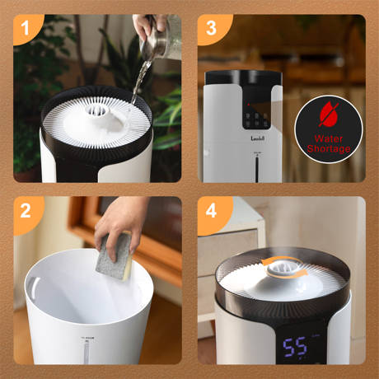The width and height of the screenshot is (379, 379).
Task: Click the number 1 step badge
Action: pyautogui.click(x=26, y=30)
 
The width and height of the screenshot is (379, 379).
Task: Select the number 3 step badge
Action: pyautogui.click(x=210, y=30)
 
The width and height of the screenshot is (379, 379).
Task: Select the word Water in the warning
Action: pyautogui.click(x=328, y=138)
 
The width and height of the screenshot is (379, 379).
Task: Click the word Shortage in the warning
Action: pyautogui.click(x=328, y=149)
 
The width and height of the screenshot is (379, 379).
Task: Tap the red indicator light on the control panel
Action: pyautogui.click(x=248, y=105)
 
